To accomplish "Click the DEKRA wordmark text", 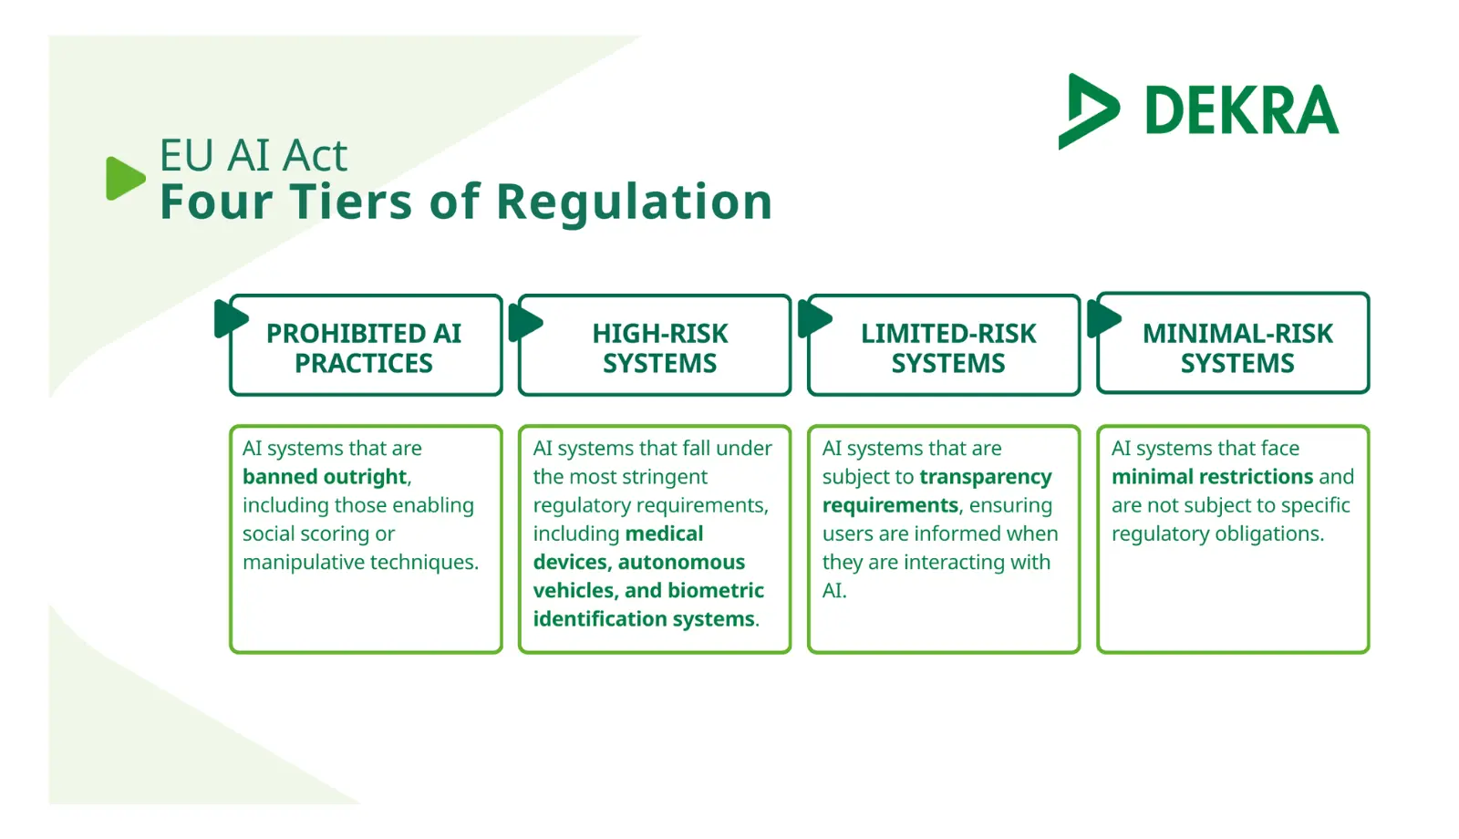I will pyautogui.click(x=1241, y=110).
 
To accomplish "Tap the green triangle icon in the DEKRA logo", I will pyautogui.click(x=1088, y=110).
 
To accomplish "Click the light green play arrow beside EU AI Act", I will pyautogui.click(x=125, y=178).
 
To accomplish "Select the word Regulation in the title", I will pyautogui.click(x=635, y=202).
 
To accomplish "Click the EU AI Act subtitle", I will pyautogui.click(x=254, y=155).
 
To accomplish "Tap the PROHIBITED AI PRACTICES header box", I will pyautogui.click(x=365, y=347).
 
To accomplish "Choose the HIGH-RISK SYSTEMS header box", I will pyautogui.click(x=659, y=347).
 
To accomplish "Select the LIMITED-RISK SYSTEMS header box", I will pyautogui.click(x=948, y=347).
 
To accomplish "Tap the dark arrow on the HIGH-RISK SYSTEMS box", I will pyautogui.click(x=525, y=322).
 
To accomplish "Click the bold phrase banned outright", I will pyautogui.click(x=325, y=477).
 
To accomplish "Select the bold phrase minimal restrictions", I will pyautogui.click(x=1212, y=477).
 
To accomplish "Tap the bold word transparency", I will pyautogui.click(x=986, y=477).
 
